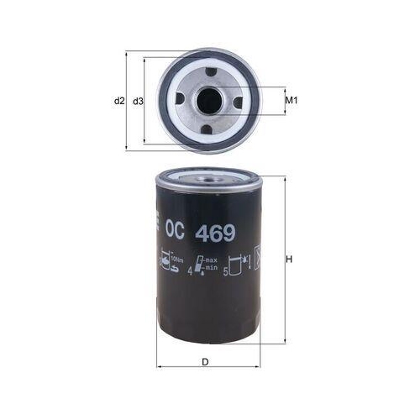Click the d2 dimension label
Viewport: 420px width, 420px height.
pos(118,101)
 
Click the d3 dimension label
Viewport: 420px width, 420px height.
pos(139,101)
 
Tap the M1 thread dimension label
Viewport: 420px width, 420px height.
pos(291,101)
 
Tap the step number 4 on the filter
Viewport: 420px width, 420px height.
pos(193,271)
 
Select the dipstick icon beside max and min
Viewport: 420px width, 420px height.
pos(202,266)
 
